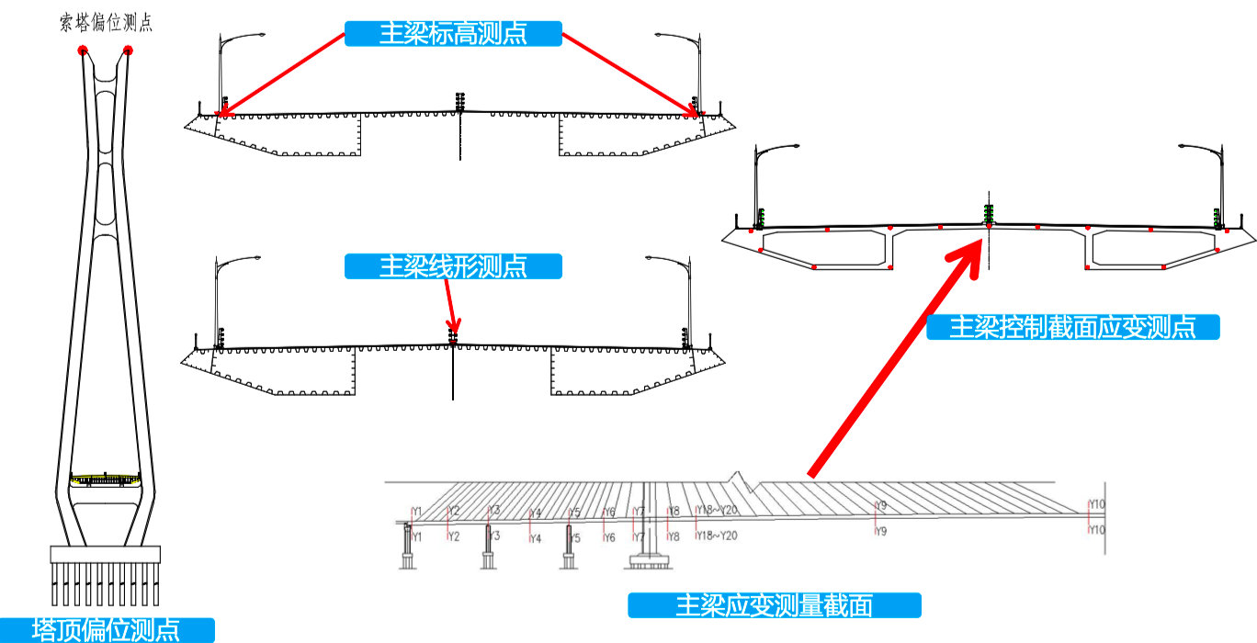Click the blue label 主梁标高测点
(x=453, y=34)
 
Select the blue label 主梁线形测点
(x=453, y=266)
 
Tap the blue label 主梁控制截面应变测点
(x=1072, y=327)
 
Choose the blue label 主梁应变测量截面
(x=774, y=605)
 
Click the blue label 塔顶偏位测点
(x=107, y=630)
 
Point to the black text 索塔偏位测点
(x=106, y=24)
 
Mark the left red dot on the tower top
(x=83, y=51)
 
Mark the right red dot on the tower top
(x=128, y=51)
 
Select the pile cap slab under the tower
(x=106, y=554)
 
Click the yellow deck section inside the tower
(x=106, y=479)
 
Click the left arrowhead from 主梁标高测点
(x=221, y=115)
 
